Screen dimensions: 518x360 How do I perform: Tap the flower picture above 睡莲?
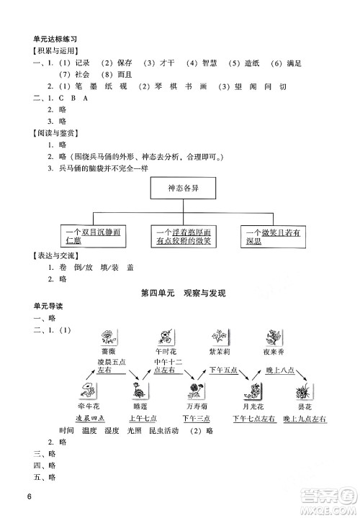[138, 391]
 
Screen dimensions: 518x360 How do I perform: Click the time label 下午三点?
[195, 419]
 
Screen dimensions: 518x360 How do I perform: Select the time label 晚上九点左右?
[305, 419]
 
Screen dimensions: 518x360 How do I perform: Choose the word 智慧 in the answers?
[210, 63]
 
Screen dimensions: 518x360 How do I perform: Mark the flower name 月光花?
[252, 406]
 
